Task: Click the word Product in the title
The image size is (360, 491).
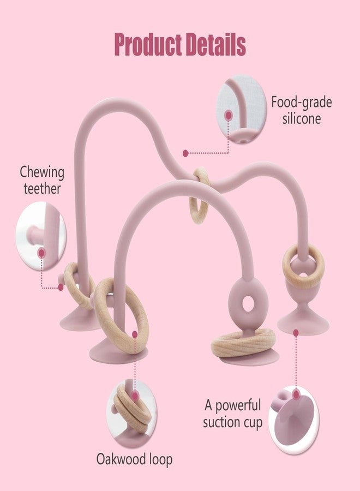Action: pyautogui.click(x=148, y=45)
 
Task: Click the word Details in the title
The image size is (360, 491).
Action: pyautogui.click(x=216, y=45)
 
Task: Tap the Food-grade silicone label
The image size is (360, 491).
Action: pyautogui.click(x=301, y=111)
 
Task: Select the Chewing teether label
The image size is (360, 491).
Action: pyautogui.click(x=42, y=181)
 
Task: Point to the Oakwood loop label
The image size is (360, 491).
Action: pyautogui.click(x=134, y=459)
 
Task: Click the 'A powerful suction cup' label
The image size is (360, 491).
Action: pyautogui.click(x=232, y=414)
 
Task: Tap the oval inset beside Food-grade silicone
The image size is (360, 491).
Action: pyautogui.click(x=241, y=110)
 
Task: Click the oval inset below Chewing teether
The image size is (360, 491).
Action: pyautogui.click(x=41, y=236)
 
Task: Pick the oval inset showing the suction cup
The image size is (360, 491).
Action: pyautogui.click(x=293, y=418)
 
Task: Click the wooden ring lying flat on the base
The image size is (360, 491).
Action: pyautogui.click(x=243, y=343)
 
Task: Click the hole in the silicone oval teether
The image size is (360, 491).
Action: pyautogui.click(x=248, y=303)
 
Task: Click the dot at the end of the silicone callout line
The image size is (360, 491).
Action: pyautogui.click(x=185, y=153)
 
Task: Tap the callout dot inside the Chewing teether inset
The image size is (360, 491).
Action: pyautogui.click(x=41, y=253)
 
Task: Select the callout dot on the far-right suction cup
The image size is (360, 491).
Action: pyautogui.click(x=296, y=333)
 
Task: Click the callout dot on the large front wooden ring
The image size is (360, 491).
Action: pyautogui.click(x=135, y=334)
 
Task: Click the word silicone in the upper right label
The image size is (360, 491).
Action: pyautogui.click(x=302, y=119)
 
